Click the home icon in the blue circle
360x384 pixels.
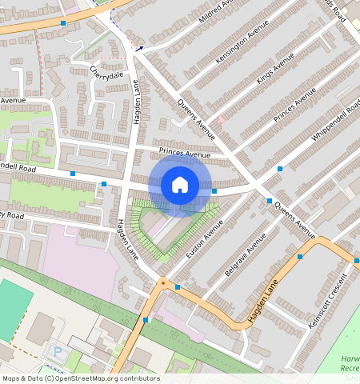click(x=180, y=186)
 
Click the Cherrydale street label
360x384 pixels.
click(x=107, y=73)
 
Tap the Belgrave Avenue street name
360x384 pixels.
click(x=245, y=256)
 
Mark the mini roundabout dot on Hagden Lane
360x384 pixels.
click(x=162, y=282)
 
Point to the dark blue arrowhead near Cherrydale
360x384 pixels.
click(x=139, y=49)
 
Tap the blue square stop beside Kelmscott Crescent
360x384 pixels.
click(x=300, y=257)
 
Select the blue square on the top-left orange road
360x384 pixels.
click(x=63, y=23)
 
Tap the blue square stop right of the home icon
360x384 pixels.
click(x=214, y=191)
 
